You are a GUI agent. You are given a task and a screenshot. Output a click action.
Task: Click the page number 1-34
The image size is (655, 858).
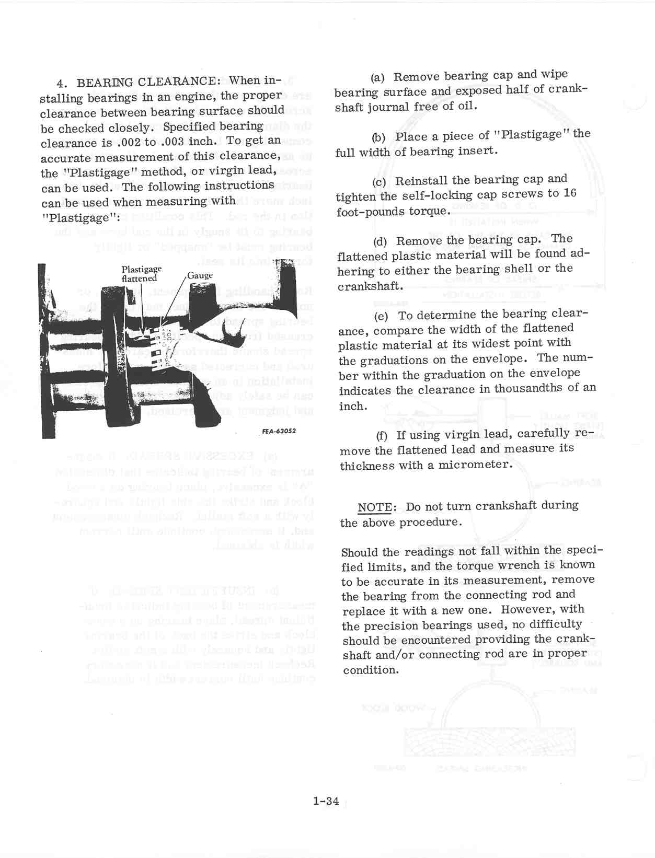click(326, 801)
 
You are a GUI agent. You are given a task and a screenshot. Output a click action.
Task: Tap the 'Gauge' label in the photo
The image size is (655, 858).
click(200, 275)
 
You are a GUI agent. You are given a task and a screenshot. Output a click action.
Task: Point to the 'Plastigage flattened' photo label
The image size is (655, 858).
click(141, 274)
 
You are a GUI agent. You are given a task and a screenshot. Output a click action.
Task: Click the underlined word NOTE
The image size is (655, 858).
click(374, 507)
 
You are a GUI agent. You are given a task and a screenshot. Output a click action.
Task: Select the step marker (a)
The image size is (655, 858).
click(377, 77)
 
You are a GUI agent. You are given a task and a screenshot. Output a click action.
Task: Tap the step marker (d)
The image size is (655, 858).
click(380, 241)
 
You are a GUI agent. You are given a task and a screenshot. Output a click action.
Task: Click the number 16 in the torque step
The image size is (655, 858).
click(570, 193)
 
